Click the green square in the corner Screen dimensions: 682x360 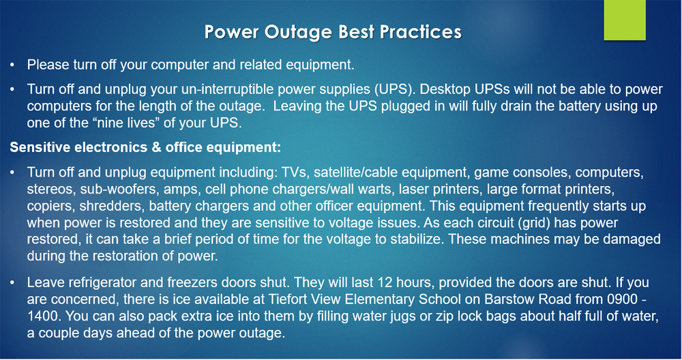click(625, 20)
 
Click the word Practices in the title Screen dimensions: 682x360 click(420, 32)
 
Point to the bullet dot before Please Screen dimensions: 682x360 click(12, 65)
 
